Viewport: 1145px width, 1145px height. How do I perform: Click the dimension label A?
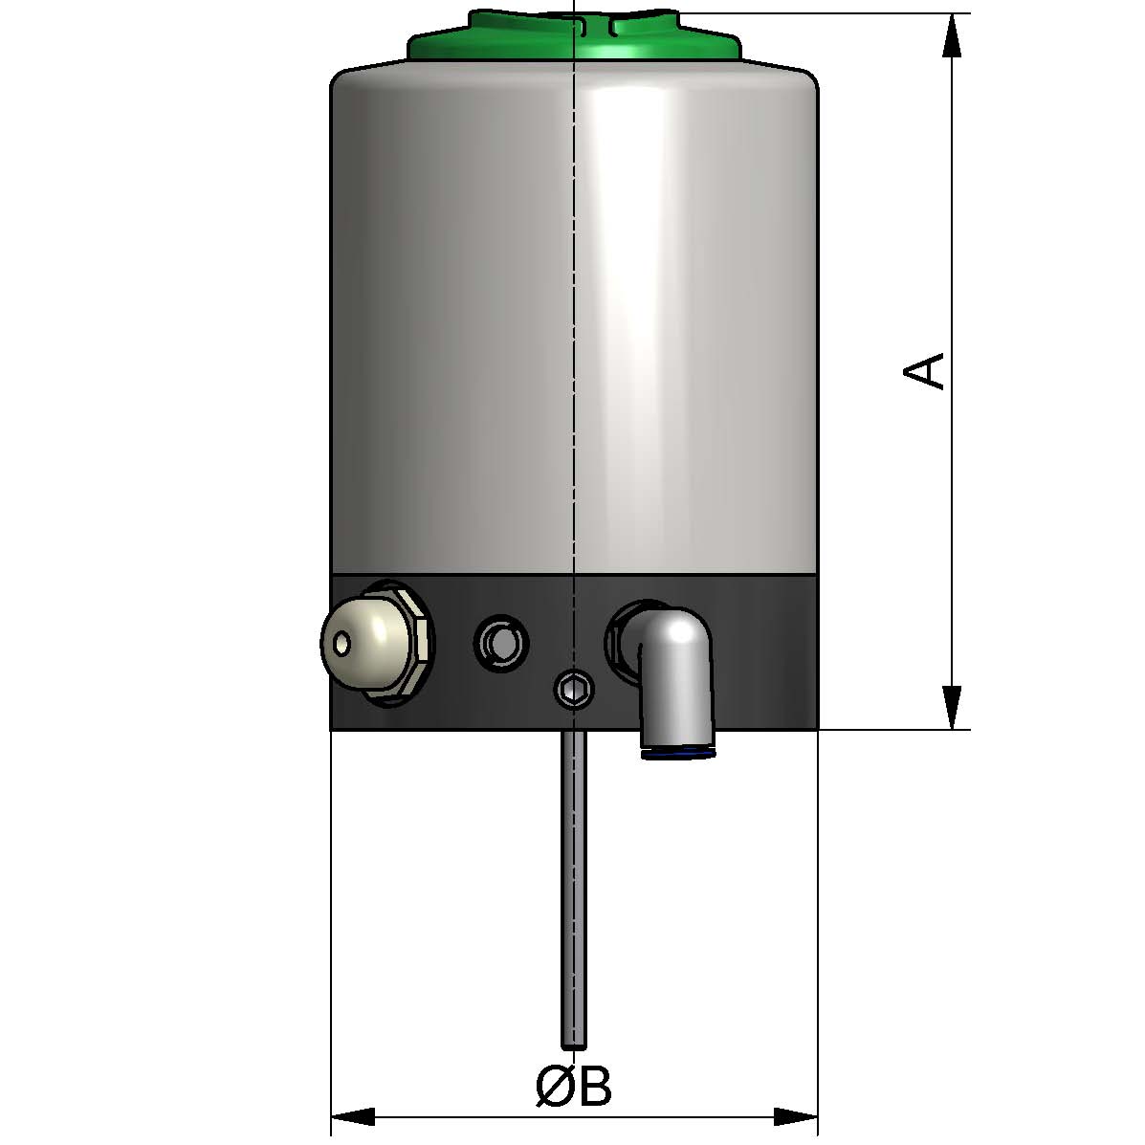tap(925, 370)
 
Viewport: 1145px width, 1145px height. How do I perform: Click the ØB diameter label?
tap(573, 1088)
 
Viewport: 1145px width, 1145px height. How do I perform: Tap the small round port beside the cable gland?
tap(499, 642)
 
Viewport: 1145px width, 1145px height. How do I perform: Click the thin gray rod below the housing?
tap(573, 880)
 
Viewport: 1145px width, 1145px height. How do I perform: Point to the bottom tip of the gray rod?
tap(573, 1046)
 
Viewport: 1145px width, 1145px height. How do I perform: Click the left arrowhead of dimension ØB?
tap(351, 1116)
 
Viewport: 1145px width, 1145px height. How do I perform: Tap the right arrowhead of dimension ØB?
tap(797, 1116)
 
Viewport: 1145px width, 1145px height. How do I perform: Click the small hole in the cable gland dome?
tap(341, 643)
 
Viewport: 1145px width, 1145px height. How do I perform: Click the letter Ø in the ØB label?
tap(554, 1088)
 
